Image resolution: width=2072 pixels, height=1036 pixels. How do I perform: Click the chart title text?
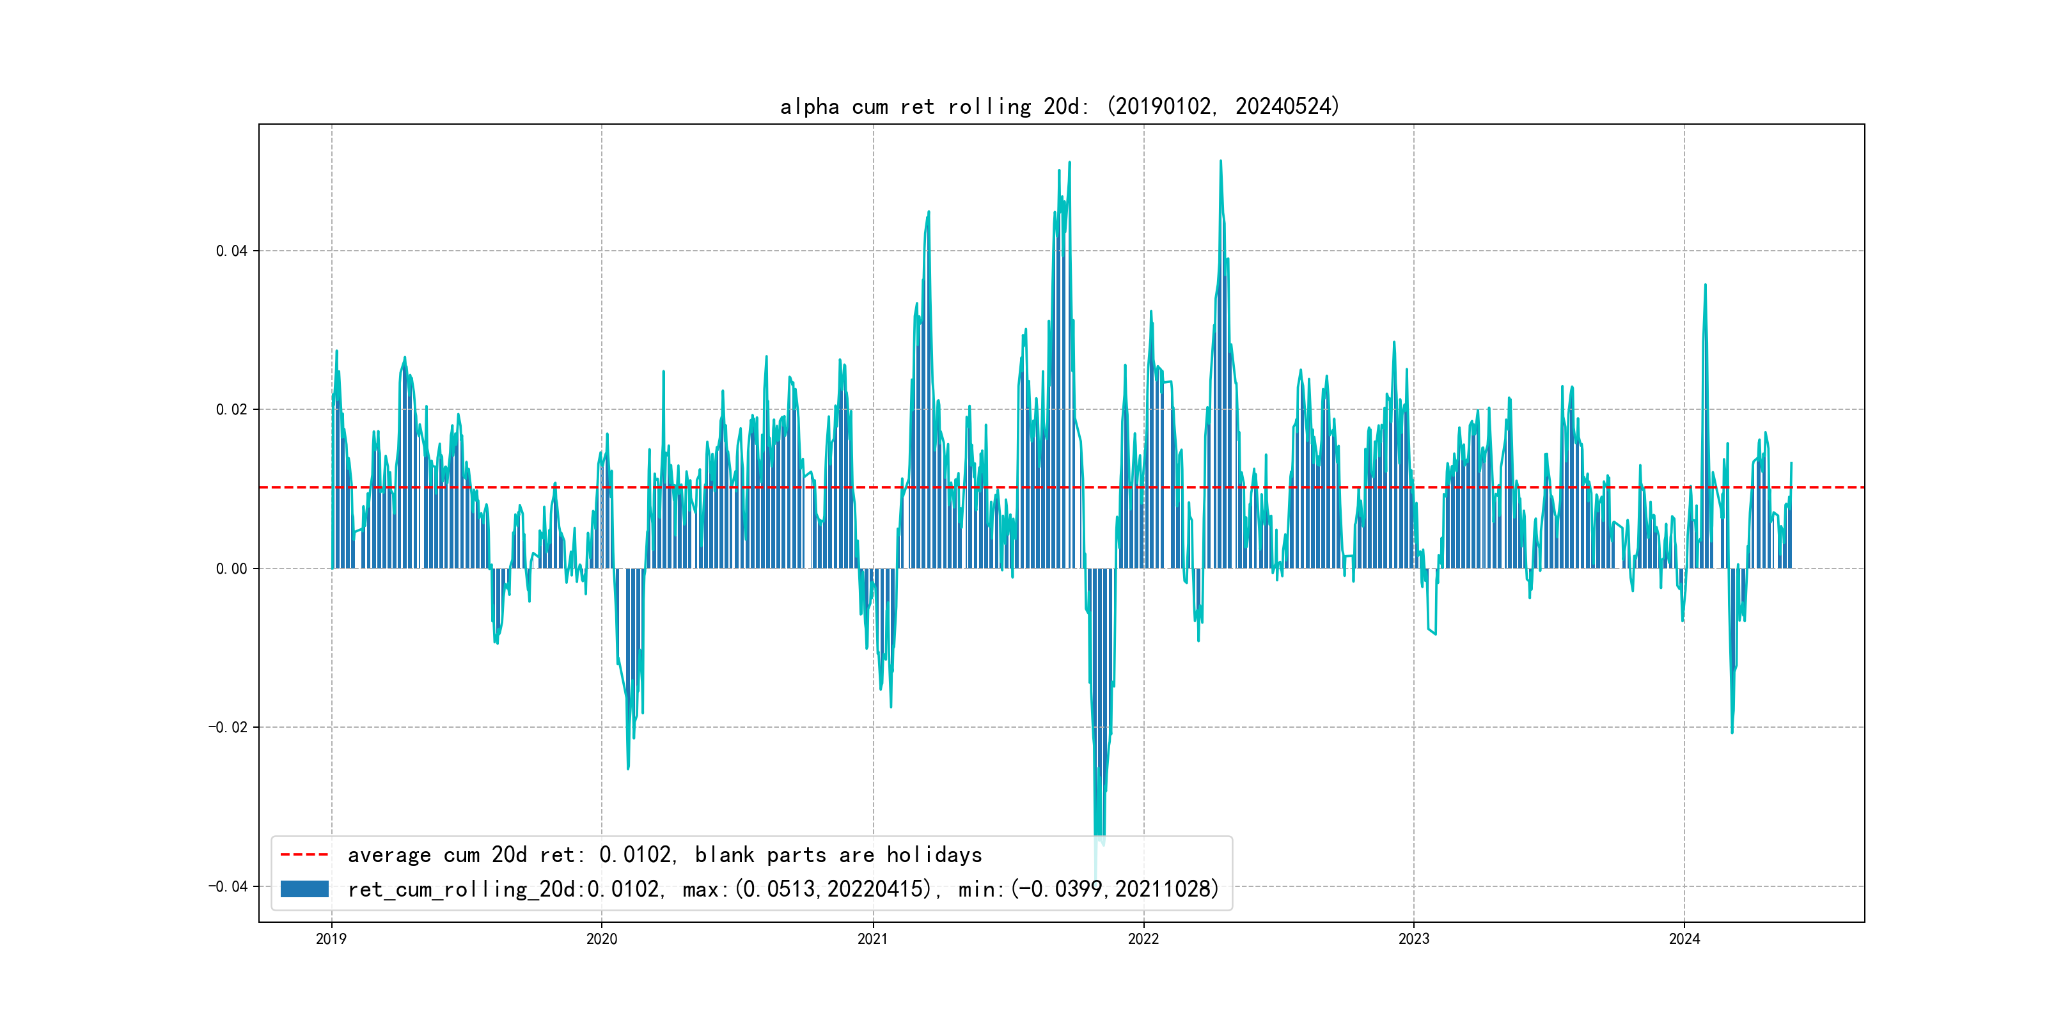coord(1059,107)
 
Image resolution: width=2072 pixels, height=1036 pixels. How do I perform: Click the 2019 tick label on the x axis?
coord(331,939)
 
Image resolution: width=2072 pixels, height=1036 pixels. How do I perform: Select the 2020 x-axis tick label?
coord(602,939)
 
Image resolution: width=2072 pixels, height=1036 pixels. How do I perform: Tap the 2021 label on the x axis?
coord(873,939)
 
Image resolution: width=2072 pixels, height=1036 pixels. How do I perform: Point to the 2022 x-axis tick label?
coord(1143,939)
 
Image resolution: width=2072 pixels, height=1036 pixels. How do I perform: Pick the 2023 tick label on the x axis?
coord(1414,939)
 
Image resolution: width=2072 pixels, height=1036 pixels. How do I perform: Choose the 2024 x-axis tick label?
coord(1684,939)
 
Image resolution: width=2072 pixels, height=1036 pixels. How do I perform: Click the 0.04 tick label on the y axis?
coord(232,251)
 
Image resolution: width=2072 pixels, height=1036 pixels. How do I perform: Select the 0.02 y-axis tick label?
coord(232,409)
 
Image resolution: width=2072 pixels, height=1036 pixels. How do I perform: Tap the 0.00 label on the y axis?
coord(232,569)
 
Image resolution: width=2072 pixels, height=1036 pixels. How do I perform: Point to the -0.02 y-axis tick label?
coord(228,727)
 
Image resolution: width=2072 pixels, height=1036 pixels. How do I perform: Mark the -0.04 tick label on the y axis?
coord(228,886)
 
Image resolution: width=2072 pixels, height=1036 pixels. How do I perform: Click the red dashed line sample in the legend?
coord(304,854)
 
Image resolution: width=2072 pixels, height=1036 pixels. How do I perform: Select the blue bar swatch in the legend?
coord(304,889)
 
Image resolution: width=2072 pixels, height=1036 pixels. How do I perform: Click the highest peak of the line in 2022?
coord(1220,162)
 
